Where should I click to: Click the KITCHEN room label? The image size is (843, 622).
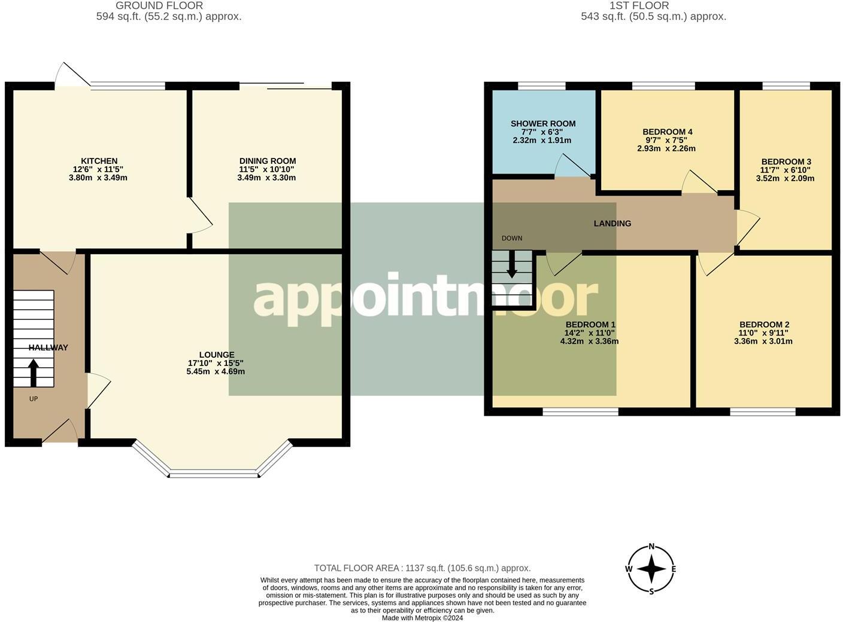(x=99, y=161)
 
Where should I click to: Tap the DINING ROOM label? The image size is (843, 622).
(x=268, y=161)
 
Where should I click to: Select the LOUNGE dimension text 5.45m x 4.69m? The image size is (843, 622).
(x=216, y=371)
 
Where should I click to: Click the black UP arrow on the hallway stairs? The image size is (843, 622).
(x=34, y=373)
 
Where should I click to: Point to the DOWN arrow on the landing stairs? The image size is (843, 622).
(x=512, y=264)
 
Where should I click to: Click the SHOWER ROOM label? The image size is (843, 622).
(x=543, y=124)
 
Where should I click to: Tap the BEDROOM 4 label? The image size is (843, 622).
(x=668, y=132)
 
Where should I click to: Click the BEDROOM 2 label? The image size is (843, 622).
(x=765, y=325)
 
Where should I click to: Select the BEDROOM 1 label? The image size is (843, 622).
(x=590, y=325)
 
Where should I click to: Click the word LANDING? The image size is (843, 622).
(x=612, y=224)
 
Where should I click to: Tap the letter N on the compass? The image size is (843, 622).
(x=651, y=547)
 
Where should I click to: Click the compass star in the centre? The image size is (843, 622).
(x=651, y=569)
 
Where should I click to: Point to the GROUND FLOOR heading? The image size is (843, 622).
(x=159, y=6)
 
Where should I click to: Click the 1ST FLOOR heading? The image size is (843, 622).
(x=639, y=6)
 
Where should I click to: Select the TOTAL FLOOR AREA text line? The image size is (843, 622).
(x=422, y=568)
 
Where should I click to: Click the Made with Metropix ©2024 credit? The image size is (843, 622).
(x=422, y=618)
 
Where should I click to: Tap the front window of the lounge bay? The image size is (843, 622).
(x=214, y=473)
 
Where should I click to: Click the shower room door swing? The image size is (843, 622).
(x=572, y=166)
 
